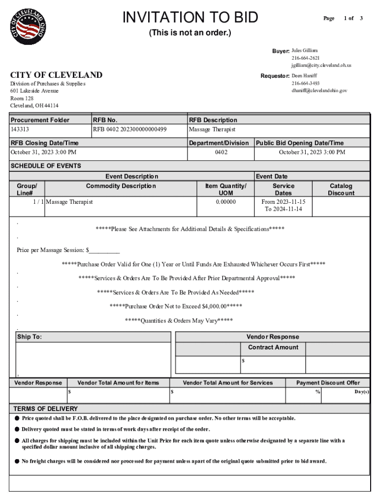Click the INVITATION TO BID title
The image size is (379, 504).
tap(190, 18)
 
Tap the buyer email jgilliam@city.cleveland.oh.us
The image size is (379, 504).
tap(321, 65)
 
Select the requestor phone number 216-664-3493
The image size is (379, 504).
tap(305, 84)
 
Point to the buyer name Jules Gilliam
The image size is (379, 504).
tap(305, 51)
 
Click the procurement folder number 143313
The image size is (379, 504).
tap(20, 129)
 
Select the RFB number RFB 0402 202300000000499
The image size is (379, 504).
tap(129, 129)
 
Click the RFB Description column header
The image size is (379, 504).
tap(213, 120)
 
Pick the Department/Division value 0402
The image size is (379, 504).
tap(221, 152)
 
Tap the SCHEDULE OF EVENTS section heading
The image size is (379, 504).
tap(46, 166)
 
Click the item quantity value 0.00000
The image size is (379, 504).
tap(226, 202)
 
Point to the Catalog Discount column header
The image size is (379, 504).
tap(341, 189)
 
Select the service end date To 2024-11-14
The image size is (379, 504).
tap(284, 209)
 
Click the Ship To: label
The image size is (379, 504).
tap(30, 337)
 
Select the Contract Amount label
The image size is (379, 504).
tap(273, 347)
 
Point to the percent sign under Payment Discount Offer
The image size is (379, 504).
tap(318, 392)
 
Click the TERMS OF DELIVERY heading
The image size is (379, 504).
tap(45, 409)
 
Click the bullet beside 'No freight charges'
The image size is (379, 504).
tap(17, 461)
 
